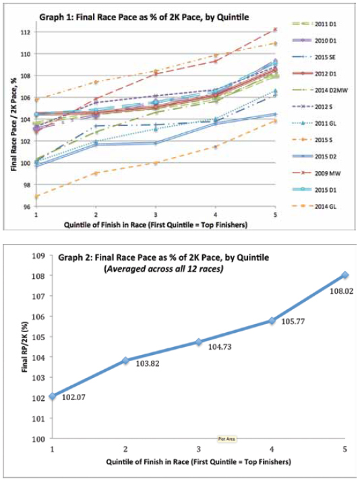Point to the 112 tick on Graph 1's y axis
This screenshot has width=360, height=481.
point(25,32)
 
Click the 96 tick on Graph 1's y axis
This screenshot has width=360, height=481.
point(26,206)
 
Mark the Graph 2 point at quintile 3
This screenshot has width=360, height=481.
point(198,342)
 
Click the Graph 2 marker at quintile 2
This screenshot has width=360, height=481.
point(126,360)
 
